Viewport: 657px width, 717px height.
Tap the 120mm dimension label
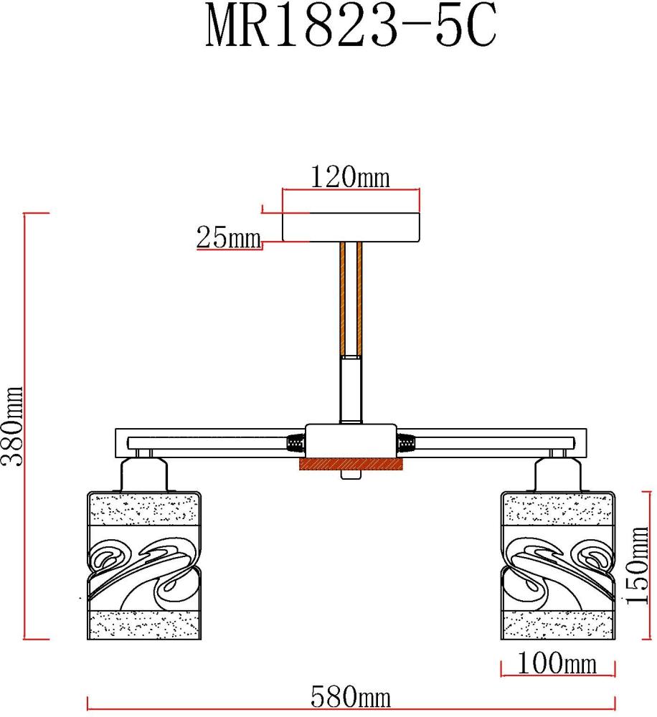click(350, 176)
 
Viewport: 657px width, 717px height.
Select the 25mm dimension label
click(228, 237)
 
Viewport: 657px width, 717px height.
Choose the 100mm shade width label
click(557, 664)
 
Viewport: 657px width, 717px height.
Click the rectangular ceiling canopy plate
click(351, 227)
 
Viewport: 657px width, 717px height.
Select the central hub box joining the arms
click(350, 439)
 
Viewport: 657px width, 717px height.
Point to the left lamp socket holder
click(143, 474)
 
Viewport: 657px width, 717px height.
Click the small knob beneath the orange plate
click(351, 475)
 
